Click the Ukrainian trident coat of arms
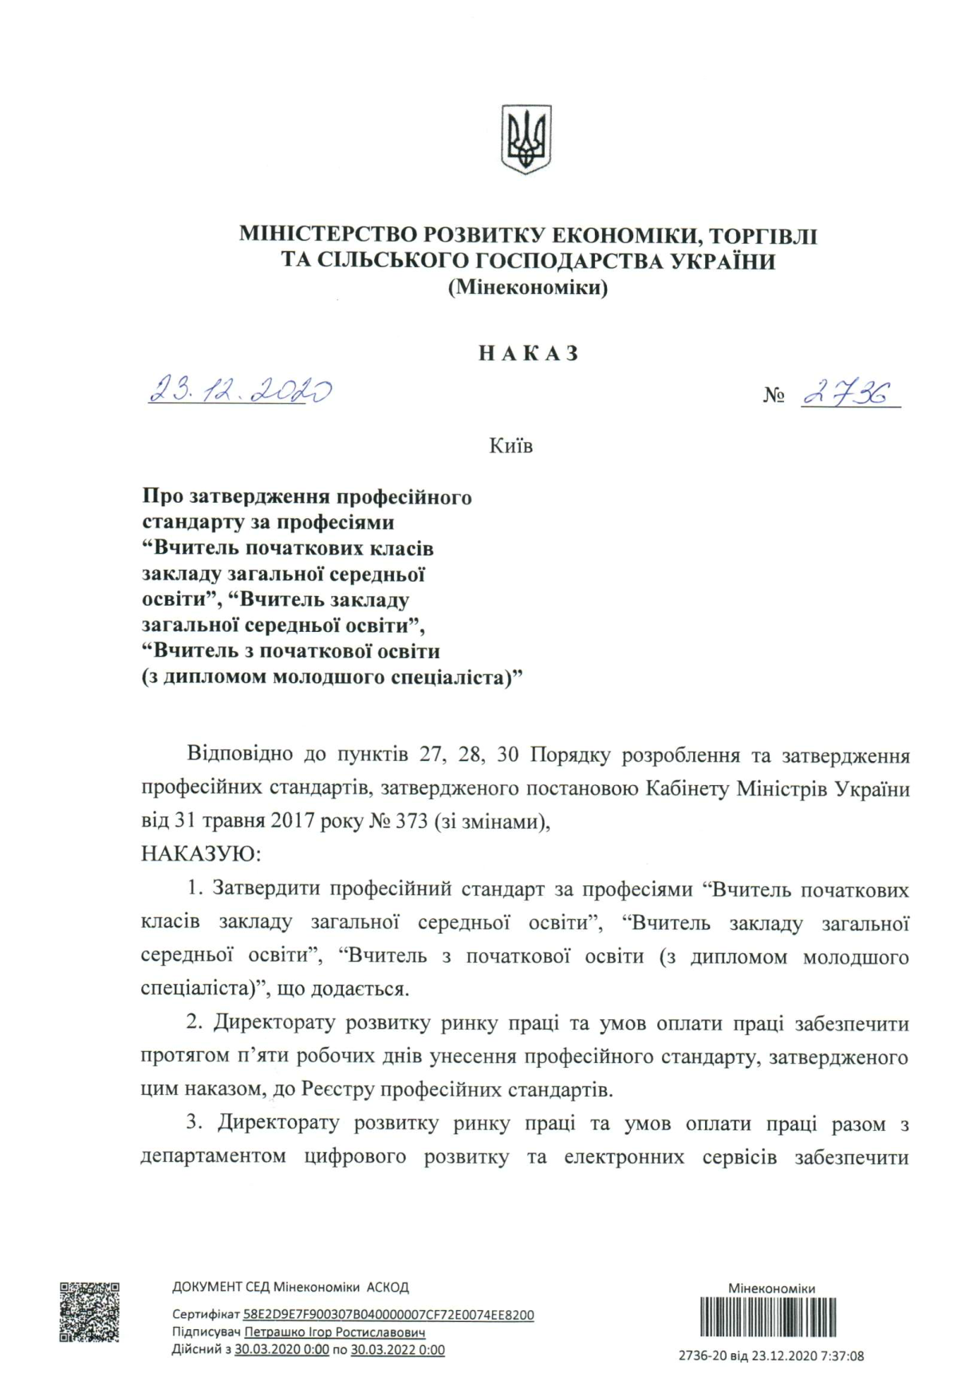(526, 140)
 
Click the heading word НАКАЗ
(528, 354)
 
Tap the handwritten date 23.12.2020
(240, 390)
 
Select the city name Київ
(510, 446)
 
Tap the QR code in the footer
(89, 1312)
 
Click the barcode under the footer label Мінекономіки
(768, 1317)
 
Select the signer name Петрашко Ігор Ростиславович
(334, 1332)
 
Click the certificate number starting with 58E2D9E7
(388, 1315)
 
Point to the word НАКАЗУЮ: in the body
(201, 854)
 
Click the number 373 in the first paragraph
(411, 822)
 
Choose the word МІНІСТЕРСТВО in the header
(327, 236)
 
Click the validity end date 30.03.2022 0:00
(397, 1350)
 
